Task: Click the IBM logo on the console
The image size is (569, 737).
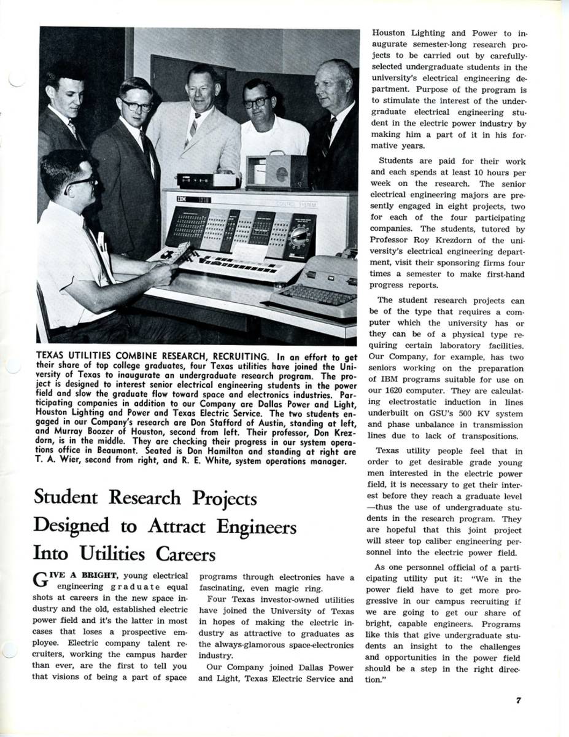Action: coord(182,200)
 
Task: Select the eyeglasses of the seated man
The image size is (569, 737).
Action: coord(82,182)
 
